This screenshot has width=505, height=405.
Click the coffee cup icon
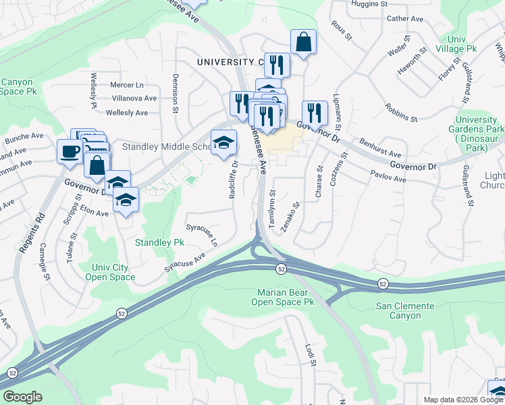pyautogui.click(x=70, y=151)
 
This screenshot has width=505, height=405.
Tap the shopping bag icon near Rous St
pyautogui.click(x=304, y=42)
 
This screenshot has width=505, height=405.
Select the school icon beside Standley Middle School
pyautogui.click(x=224, y=142)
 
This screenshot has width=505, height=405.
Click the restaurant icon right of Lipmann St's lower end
pyautogui.click(x=315, y=113)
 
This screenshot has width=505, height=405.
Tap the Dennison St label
pyautogui.click(x=175, y=92)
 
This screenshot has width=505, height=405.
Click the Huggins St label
pyautogui.click(x=369, y=3)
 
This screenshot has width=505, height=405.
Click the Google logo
pyautogui.click(x=22, y=397)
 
